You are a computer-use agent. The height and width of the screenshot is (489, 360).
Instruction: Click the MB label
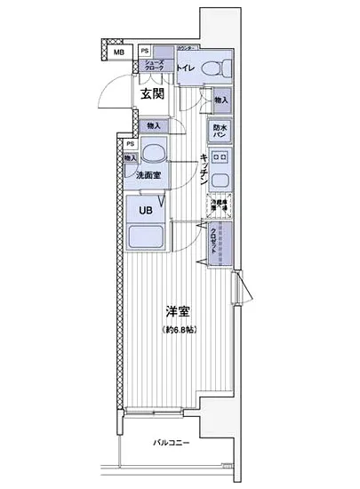click(118, 52)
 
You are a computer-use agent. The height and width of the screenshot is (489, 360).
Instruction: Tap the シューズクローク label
click(155, 65)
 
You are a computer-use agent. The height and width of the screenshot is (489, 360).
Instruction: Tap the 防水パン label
click(220, 130)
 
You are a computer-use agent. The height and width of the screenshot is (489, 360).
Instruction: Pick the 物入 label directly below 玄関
click(154, 126)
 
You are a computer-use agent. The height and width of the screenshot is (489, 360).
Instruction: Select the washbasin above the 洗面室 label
click(155, 153)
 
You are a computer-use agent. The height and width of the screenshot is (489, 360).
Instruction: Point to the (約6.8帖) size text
click(180, 331)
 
